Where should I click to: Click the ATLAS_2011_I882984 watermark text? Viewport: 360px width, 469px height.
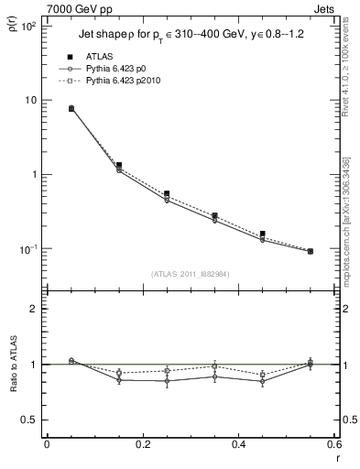click(x=191, y=274)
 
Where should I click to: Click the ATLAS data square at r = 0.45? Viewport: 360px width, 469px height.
click(x=262, y=234)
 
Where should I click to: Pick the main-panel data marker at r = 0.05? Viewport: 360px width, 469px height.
click(x=71, y=108)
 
